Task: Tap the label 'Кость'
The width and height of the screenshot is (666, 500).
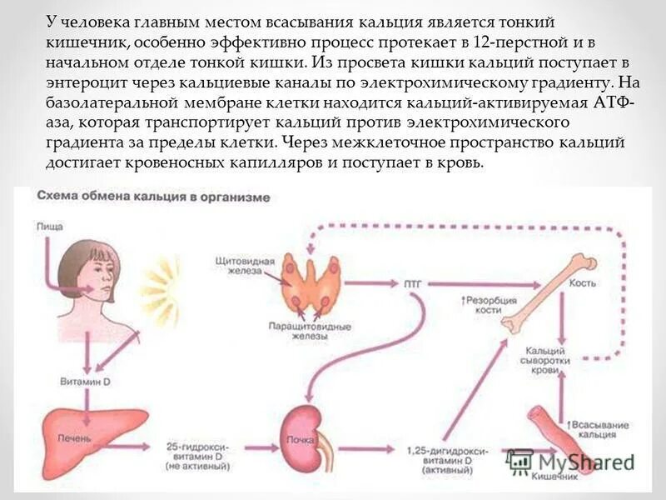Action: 583,284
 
